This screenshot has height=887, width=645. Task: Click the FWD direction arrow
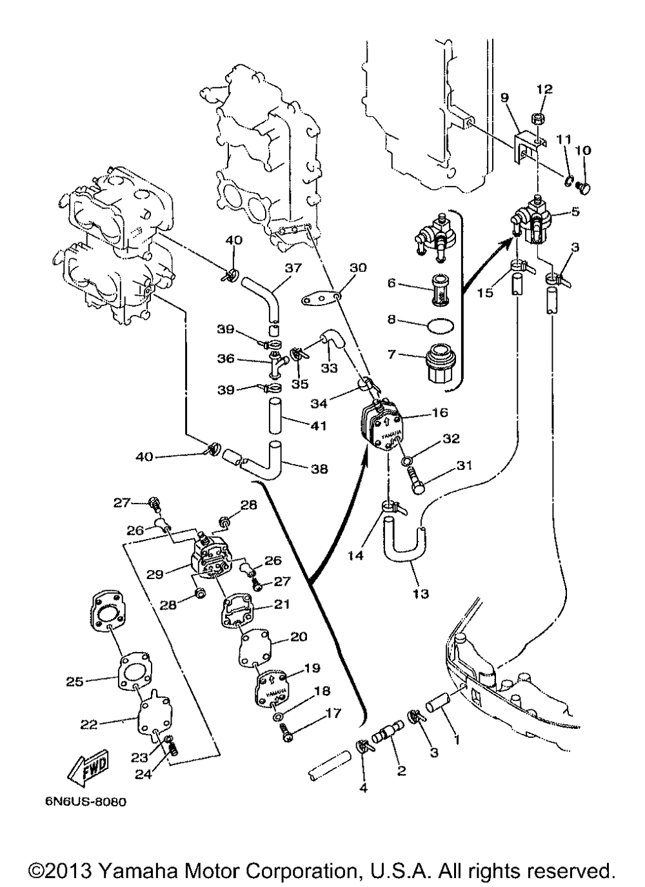[x=88, y=770]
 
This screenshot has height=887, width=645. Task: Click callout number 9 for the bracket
[x=504, y=97]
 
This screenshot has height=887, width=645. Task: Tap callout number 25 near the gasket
[x=75, y=680]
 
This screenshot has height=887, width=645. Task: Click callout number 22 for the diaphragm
[x=88, y=724]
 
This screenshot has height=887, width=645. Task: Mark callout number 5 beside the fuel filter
[x=575, y=210]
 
